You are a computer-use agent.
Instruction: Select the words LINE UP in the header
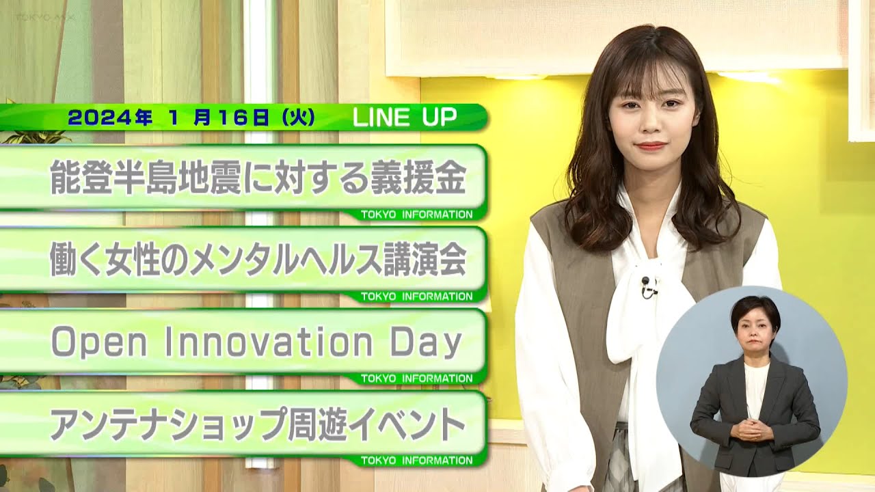(404, 118)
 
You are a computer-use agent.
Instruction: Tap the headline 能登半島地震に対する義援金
(258, 178)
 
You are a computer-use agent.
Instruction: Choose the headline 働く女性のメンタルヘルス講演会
(258, 260)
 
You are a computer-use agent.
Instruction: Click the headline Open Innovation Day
(256, 343)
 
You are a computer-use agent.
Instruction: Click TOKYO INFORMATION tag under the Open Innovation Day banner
(416, 379)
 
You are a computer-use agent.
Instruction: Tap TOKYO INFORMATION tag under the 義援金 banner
(416, 215)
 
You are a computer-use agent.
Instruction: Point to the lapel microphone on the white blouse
(647, 286)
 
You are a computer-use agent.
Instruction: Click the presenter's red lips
(651, 146)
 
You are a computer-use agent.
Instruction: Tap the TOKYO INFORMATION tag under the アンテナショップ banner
(416, 461)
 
